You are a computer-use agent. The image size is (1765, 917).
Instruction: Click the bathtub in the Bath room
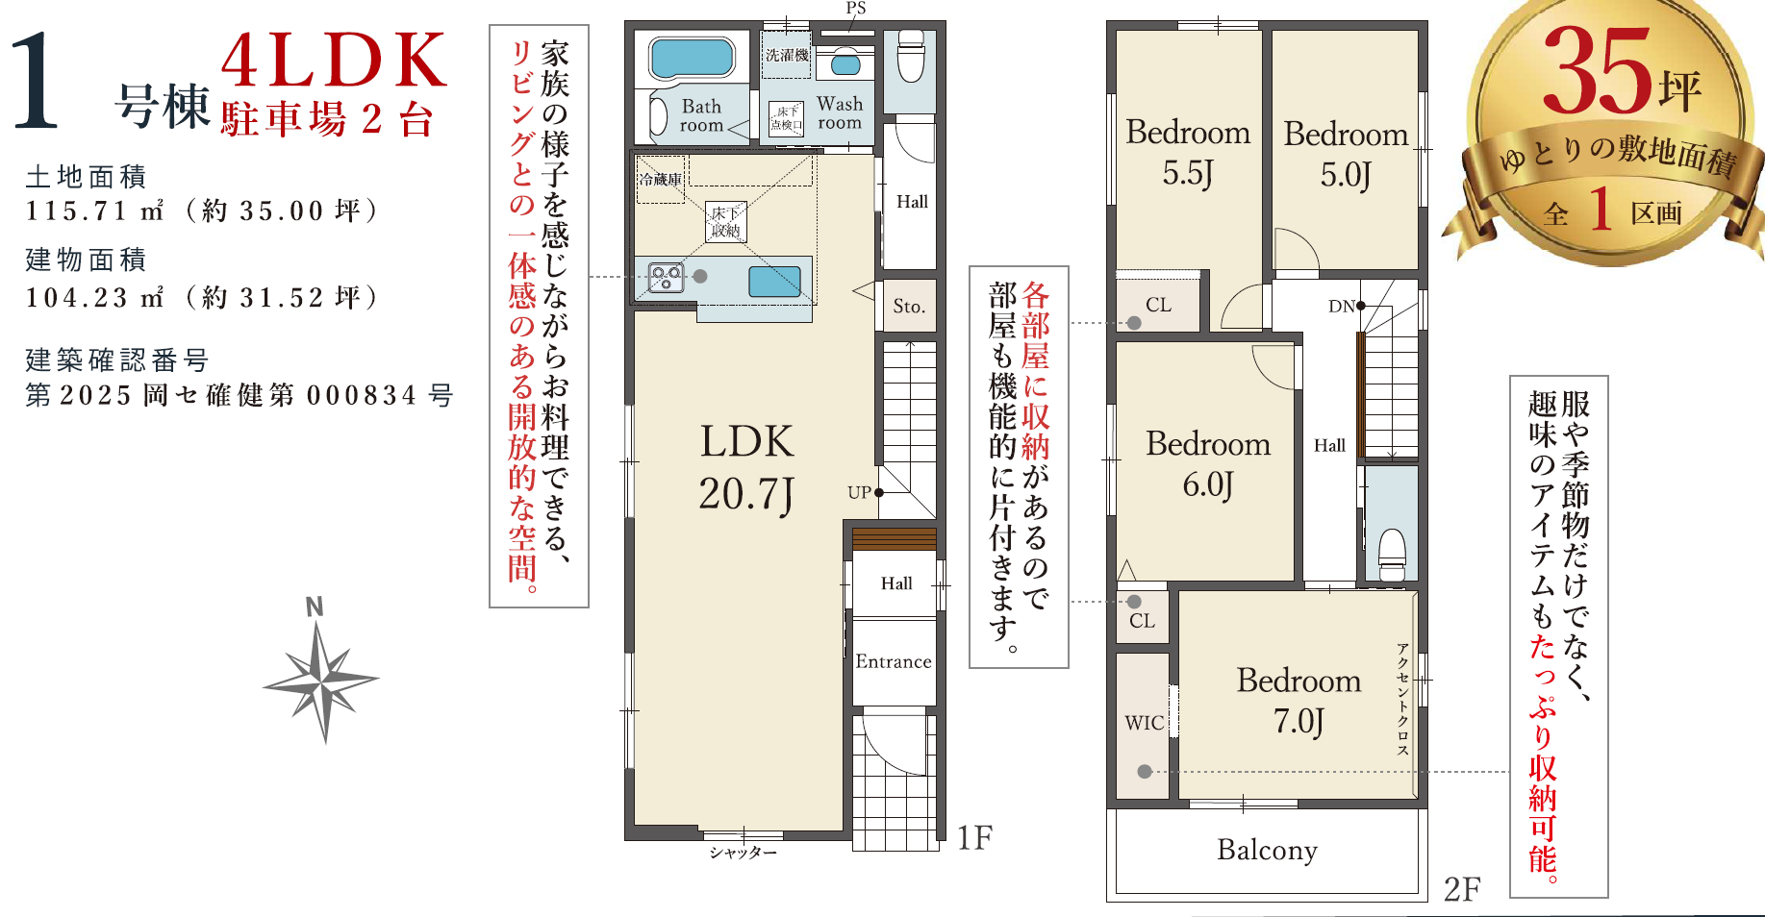[692, 58]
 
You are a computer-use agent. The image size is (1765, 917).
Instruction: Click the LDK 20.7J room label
[747, 468]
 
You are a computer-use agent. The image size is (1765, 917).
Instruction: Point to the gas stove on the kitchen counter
[666, 278]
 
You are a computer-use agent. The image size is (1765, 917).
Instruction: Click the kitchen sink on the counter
[774, 282]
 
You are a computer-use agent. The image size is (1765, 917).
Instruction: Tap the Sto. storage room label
[909, 307]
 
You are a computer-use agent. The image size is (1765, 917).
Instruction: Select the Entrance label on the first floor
[894, 661]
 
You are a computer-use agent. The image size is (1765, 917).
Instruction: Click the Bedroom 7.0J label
[1299, 700]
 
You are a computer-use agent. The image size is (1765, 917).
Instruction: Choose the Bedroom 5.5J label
[1188, 153]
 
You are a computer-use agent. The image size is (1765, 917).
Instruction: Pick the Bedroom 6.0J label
[1208, 464]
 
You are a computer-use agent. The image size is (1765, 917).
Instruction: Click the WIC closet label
[1145, 723]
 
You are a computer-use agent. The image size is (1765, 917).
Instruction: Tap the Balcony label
[1267, 851]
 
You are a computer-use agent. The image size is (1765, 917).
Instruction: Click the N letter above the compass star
[314, 607]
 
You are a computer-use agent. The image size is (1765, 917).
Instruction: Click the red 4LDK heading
[335, 61]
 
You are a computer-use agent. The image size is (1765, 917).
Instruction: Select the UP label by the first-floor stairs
[859, 492]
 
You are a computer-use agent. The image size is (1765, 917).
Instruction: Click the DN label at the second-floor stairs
[1341, 307]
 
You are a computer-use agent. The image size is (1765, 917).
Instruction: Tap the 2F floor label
[1462, 889]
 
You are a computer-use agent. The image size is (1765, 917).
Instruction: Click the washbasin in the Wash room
[845, 64]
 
